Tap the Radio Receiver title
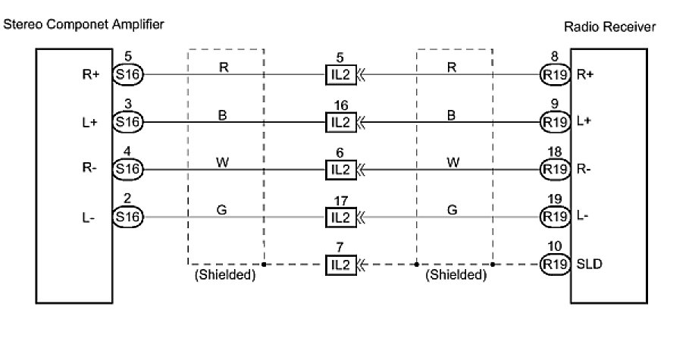[x=610, y=27]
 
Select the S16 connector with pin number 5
[x=127, y=74]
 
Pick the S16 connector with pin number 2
[x=127, y=216]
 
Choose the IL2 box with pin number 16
[x=340, y=121]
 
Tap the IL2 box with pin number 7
[x=340, y=264]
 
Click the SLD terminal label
[x=590, y=264]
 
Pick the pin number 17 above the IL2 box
[x=340, y=201]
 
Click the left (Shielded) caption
[x=225, y=275]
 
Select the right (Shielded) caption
[x=455, y=275]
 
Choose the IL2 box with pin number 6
[x=340, y=168]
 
